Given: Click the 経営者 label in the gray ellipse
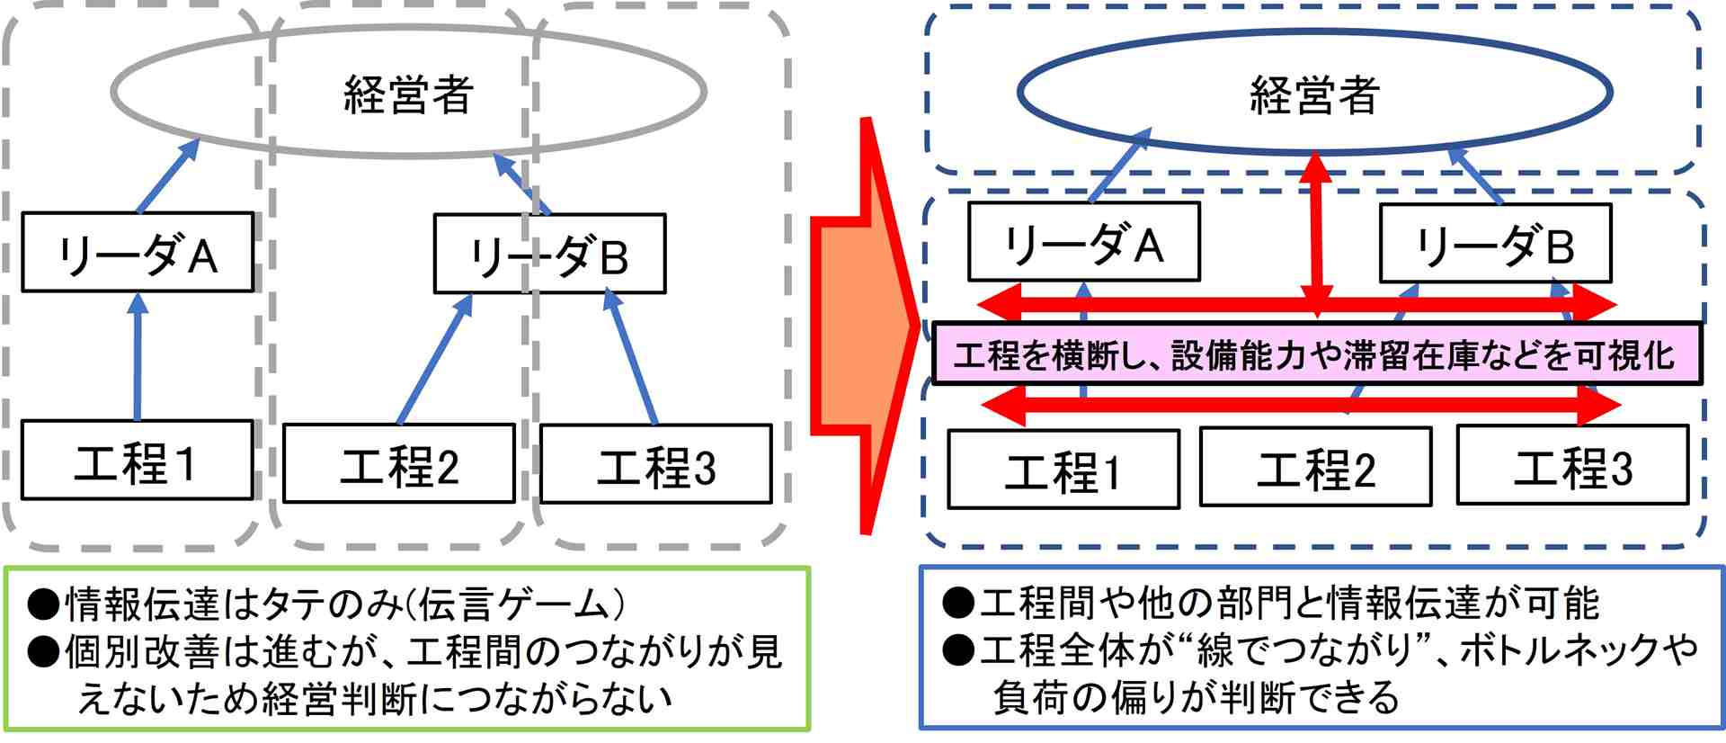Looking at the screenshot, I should (x=409, y=94).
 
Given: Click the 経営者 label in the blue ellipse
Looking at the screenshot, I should (x=1314, y=94).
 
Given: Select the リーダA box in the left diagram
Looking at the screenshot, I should (x=138, y=253).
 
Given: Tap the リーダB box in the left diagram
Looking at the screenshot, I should (x=549, y=255).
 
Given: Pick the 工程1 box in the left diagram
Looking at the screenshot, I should (x=138, y=461).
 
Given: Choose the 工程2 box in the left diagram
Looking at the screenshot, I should (x=399, y=464).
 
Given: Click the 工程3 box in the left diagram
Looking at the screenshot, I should (x=655, y=464).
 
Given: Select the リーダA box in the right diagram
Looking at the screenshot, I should (x=1083, y=243).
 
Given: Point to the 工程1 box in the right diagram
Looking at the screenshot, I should (x=1063, y=470).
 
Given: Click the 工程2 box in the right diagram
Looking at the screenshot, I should (x=1315, y=467).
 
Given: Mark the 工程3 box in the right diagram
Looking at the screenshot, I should (x=1572, y=466).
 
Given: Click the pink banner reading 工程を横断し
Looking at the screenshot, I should (x=1317, y=354).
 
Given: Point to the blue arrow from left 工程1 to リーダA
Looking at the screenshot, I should (x=138, y=358).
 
